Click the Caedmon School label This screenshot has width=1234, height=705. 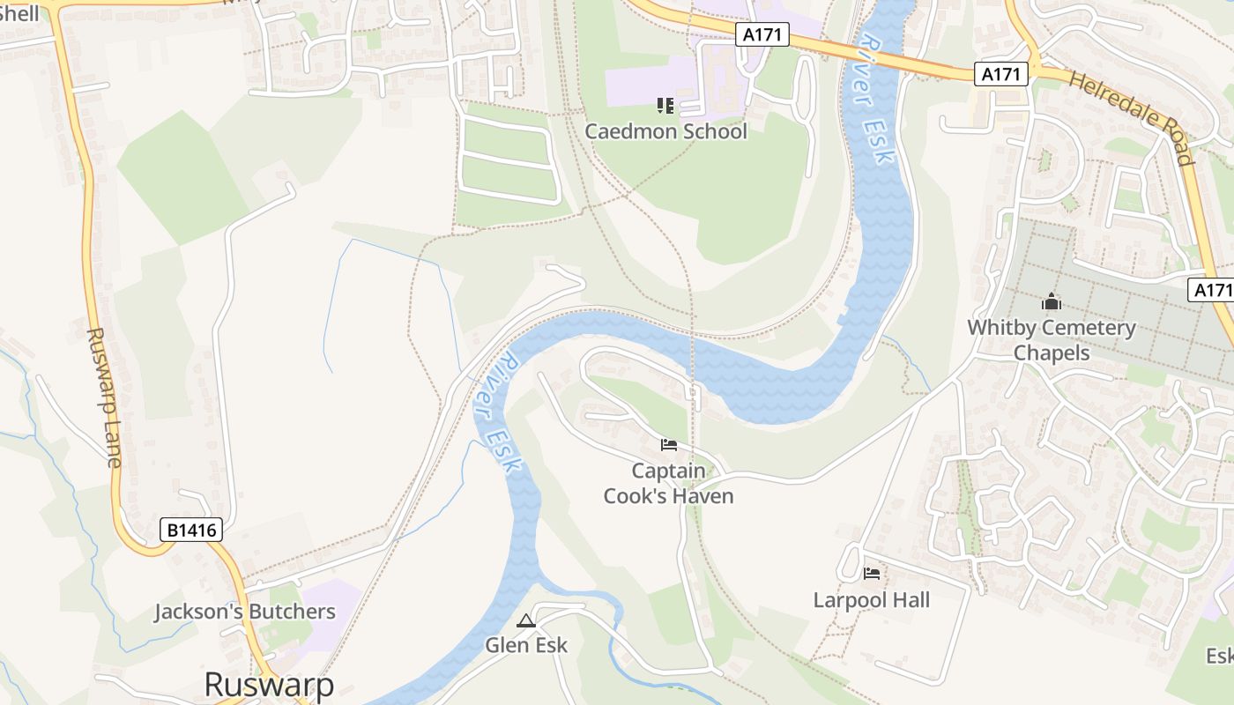click(665, 131)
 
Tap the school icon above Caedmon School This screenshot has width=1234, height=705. click(665, 107)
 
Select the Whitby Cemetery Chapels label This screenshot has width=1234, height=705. click(1052, 340)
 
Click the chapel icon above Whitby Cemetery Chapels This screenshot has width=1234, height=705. click(1051, 302)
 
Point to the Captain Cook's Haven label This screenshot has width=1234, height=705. click(668, 483)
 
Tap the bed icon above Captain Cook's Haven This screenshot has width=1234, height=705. click(669, 444)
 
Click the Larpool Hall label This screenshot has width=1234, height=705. click(871, 600)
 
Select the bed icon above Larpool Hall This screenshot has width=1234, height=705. click(872, 574)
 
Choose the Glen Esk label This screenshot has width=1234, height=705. click(526, 645)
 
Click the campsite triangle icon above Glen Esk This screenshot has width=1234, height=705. click(526, 621)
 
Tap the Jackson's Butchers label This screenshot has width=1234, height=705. click(245, 612)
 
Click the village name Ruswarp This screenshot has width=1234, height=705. click(269, 685)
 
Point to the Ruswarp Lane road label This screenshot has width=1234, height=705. click(104, 397)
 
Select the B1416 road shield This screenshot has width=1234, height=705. click(191, 530)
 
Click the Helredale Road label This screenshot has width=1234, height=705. click(1132, 117)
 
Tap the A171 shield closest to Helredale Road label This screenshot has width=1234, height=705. click(1001, 74)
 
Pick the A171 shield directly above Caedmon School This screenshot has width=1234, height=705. click(762, 34)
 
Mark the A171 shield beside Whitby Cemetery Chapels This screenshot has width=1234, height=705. click(1213, 290)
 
